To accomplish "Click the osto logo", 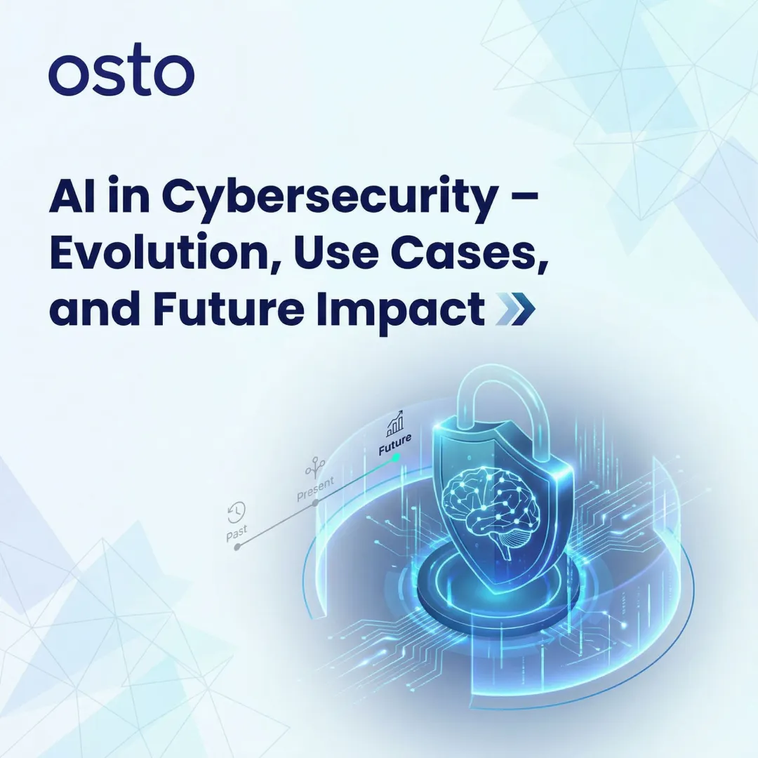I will (121, 74).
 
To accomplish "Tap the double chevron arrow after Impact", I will (515, 310).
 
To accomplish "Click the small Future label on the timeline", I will (395, 445).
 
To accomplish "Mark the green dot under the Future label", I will (397, 457).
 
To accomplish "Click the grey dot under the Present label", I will (316, 502).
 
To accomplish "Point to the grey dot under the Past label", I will (237, 547).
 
